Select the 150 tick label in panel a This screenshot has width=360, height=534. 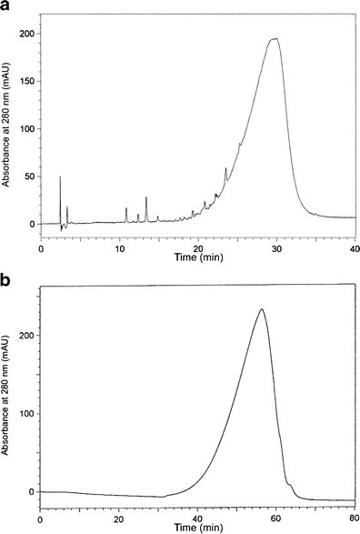pos(29,81)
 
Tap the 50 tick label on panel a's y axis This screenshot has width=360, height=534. pos(31,176)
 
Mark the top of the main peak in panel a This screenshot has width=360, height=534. pos(273,38)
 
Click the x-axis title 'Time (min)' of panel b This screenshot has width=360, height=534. pos(197,528)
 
